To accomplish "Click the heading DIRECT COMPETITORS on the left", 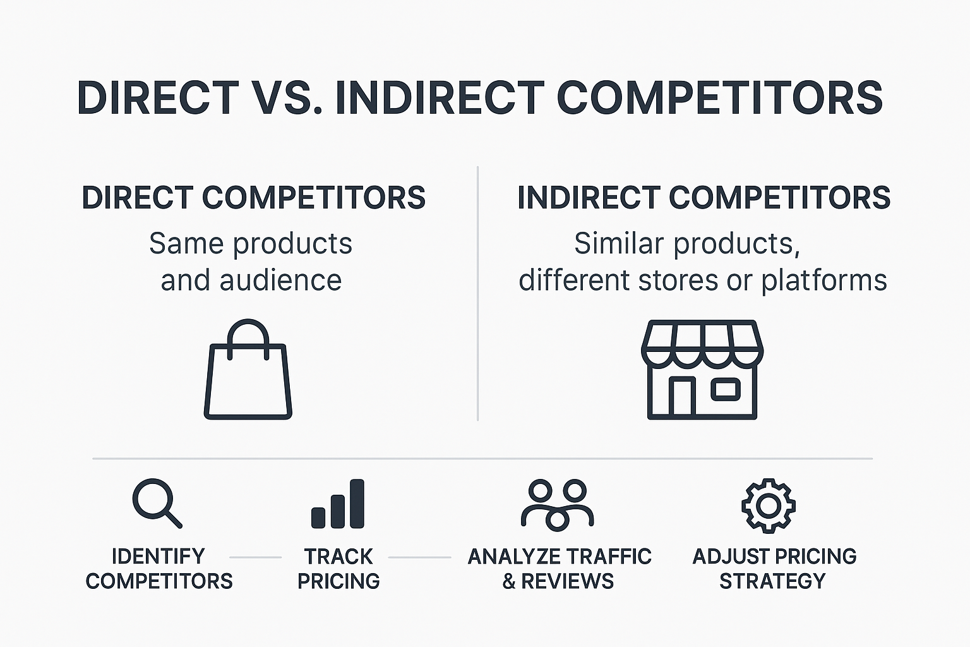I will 254,198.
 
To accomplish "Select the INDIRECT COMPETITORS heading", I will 704,198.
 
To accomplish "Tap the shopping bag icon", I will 248,379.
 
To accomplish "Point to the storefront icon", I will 702,370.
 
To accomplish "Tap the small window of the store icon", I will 726,389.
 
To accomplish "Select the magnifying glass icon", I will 156,502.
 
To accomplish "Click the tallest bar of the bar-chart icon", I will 357,504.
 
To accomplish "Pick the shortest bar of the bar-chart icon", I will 319,517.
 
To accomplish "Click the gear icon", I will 768,505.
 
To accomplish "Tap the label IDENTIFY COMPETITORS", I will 159,568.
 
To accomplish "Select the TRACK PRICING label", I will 338,568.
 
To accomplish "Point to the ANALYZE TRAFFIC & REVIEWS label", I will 559,568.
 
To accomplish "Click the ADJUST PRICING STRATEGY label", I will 774,568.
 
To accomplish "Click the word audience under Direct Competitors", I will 280,281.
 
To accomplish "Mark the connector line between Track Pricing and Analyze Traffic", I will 419,557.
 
